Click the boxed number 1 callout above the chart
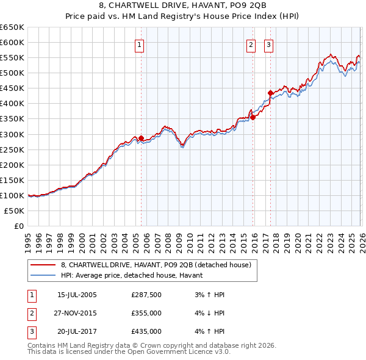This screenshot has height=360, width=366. [x=140, y=44]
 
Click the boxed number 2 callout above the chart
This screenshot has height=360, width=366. [x=251, y=44]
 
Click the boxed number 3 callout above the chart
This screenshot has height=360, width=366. [x=268, y=44]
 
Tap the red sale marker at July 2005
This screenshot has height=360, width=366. [x=141, y=138]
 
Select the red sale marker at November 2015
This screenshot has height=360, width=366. [x=253, y=117]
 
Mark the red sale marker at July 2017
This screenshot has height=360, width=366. [x=270, y=93]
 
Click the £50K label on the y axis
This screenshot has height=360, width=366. [x=14, y=211]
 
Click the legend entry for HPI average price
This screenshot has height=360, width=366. [x=135, y=276]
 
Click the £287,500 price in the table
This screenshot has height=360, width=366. [x=146, y=295]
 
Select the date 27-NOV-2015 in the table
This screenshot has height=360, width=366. [x=76, y=313]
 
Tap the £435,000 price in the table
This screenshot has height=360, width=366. [x=146, y=331]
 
